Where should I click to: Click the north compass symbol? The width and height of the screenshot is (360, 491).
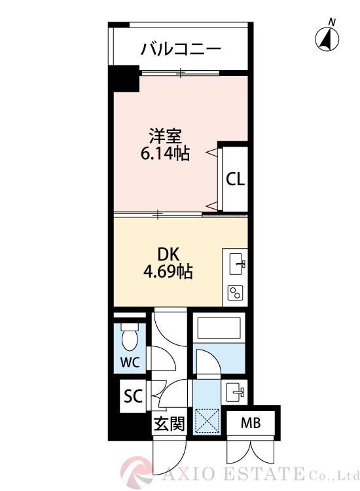click(x=327, y=38)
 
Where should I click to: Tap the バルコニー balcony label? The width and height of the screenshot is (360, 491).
click(x=181, y=49)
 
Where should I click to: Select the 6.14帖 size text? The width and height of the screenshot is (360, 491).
click(x=165, y=153)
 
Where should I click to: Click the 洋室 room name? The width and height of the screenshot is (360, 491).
click(x=165, y=136)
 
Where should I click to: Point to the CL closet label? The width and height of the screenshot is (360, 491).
click(x=236, y=179)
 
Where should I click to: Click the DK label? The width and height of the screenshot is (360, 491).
click(x=168, y=254)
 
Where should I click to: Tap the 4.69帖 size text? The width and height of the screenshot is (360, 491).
click(x=168, y=272)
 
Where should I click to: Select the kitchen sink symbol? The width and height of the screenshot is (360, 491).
click(x=238, y=264)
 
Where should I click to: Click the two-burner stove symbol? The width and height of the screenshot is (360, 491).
click(x=235, y=293)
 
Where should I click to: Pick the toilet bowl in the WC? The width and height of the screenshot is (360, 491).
click(x=130, y=338)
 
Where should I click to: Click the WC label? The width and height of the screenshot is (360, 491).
click(x=130, y=363)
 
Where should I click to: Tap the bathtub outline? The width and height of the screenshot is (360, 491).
click(x=219, y=328)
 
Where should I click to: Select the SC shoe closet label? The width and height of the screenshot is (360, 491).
click(x=133, y=396)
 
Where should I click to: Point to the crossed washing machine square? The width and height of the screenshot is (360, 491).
click(x=207, y=421)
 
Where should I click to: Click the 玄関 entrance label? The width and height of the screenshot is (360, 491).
click(x=169, y=424)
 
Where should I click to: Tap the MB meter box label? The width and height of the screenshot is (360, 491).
click(x=251, y=424)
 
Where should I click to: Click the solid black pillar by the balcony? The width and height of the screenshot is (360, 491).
click(x=124, y=79)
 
